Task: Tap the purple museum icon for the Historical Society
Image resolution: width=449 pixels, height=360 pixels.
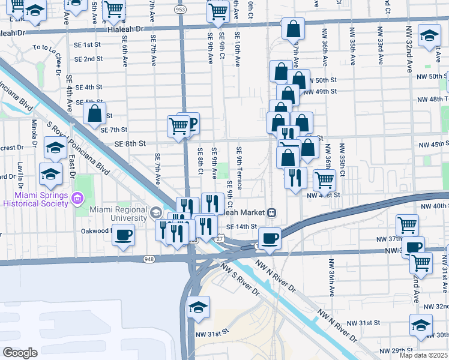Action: [77, 198]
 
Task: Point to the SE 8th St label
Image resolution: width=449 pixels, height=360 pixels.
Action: [130, 143]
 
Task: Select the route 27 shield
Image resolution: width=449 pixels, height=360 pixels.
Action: [220, 239]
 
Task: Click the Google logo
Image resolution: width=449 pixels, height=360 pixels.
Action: [20, 352]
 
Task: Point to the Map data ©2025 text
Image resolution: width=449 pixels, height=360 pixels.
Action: [423, 355]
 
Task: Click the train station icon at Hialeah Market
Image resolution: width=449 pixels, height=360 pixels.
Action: [272, 212]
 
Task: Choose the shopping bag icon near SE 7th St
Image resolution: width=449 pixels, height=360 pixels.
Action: [95, 113]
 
